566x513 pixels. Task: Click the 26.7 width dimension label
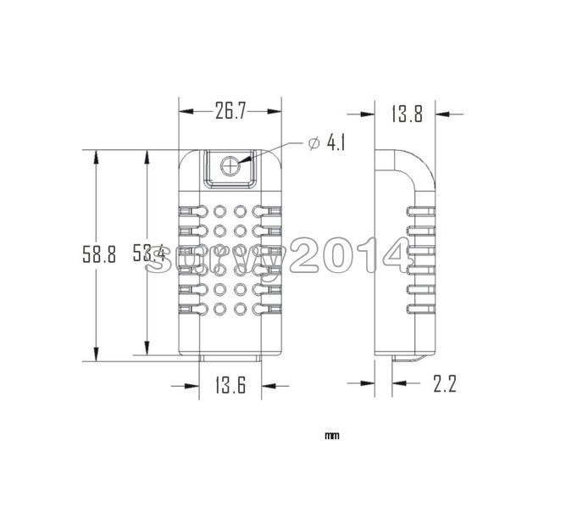coord(230,112)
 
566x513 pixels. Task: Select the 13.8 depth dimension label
coord(407,114)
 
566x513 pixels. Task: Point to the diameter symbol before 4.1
coord(313,144)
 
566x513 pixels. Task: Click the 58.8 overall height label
coord(98,255)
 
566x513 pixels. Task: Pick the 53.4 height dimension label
coord(148,253)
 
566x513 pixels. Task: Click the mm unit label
coord(331,437)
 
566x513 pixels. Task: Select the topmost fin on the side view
coord(422,209)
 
